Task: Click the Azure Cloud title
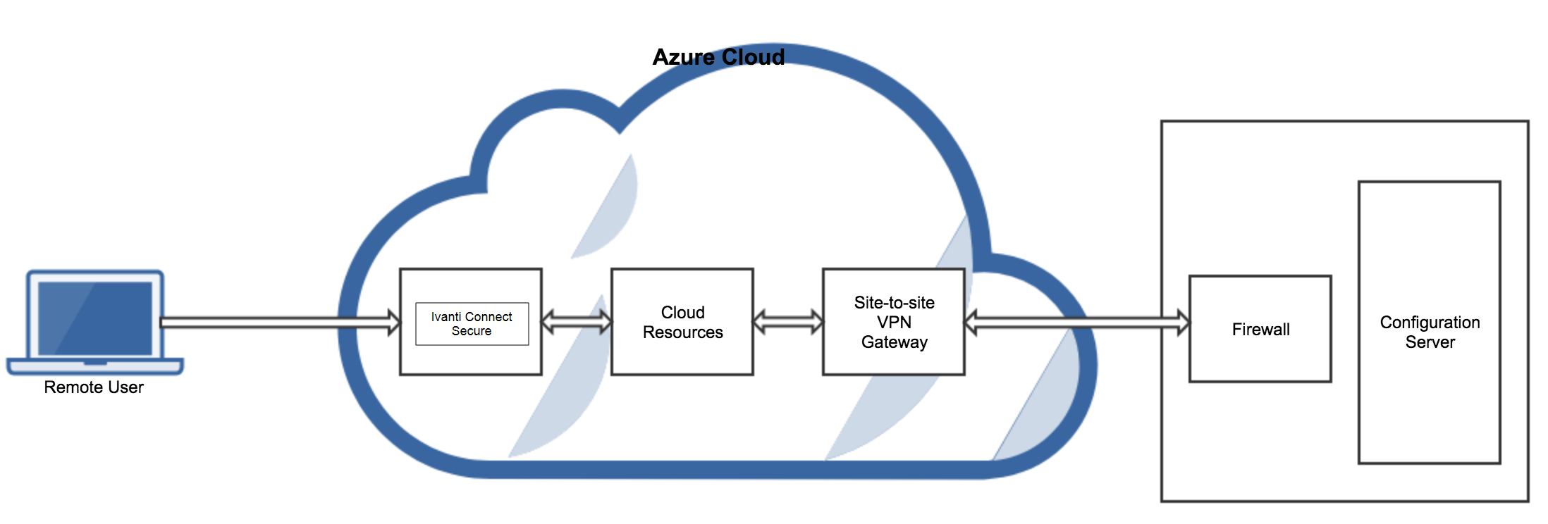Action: tap(718, 57)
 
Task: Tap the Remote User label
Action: tap(94, 387)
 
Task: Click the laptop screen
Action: tap(95, 318)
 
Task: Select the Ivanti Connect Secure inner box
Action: tap(472, 324)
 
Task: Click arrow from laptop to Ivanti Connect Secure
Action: tap(278, 323)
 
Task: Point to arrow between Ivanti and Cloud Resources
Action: tap(577, 323)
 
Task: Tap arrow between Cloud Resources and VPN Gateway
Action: tap(788, 323)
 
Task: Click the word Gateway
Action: tap(894, 342)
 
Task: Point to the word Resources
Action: tap(682, 332)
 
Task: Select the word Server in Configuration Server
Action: tap(1430, 342)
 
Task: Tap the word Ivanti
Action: tap(446, 317)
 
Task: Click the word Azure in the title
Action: tap(682, 57)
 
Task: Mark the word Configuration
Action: tap(1430, 323)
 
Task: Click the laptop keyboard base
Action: tap(95, 366)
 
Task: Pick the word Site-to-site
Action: tap(894, 303)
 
